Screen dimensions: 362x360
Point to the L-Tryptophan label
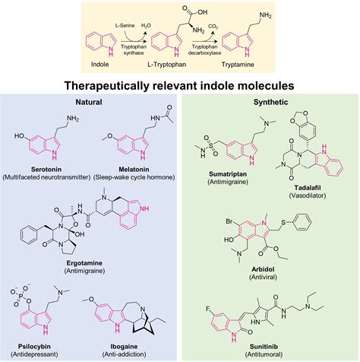[x=181, y=54]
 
